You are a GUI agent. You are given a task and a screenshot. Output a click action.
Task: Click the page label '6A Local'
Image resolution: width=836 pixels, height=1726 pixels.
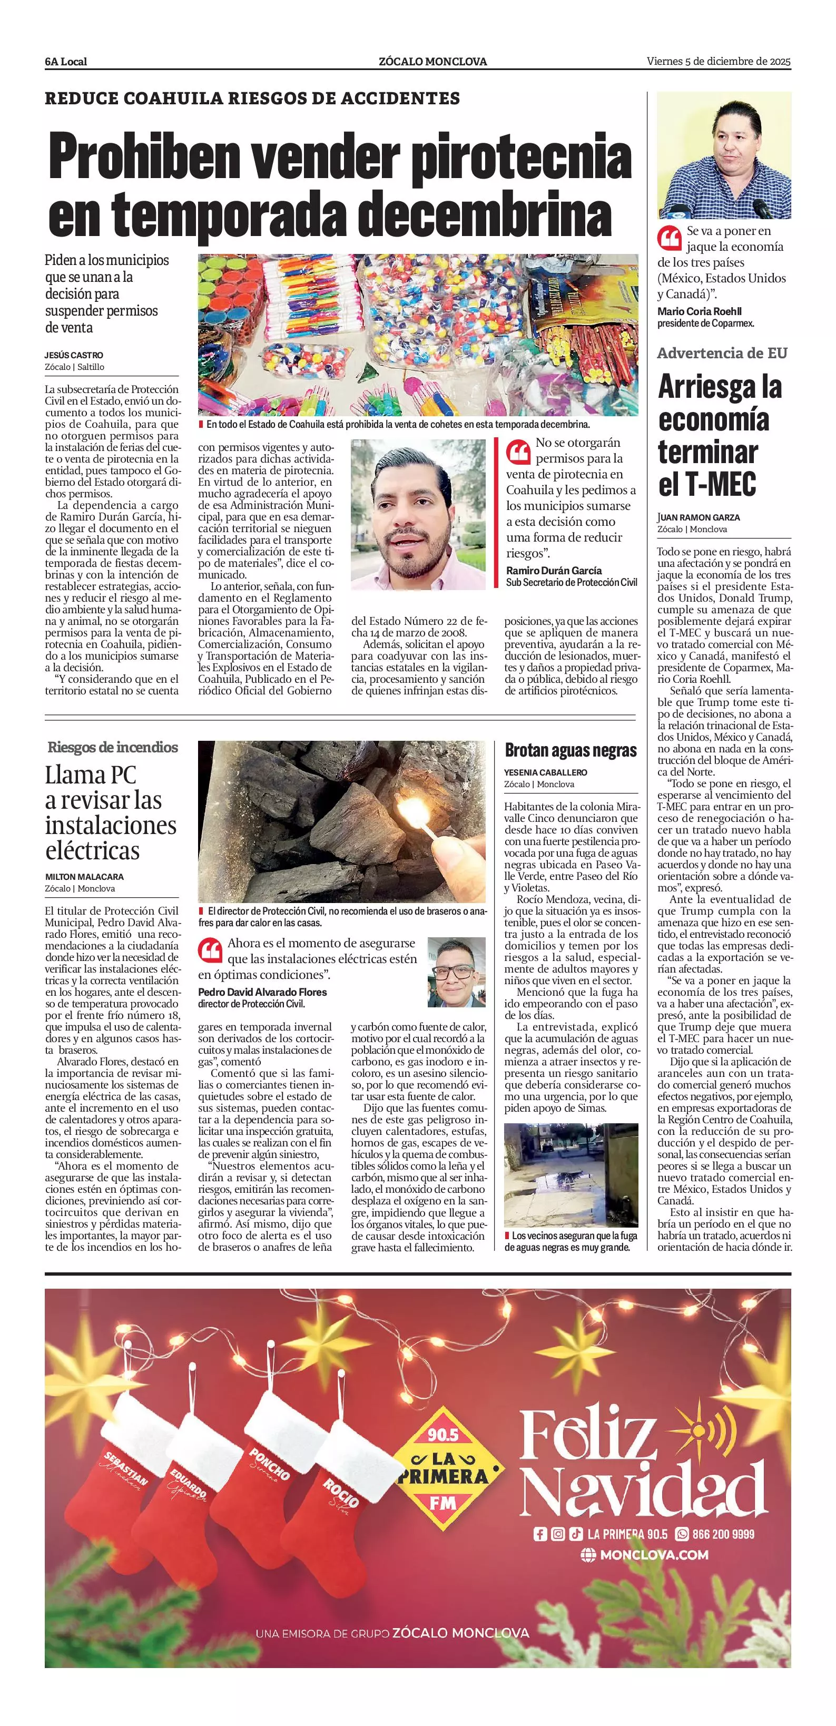[x=66, y=62]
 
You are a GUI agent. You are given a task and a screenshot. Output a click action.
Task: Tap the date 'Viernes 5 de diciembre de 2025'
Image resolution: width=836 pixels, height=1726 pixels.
[x=718, y=61]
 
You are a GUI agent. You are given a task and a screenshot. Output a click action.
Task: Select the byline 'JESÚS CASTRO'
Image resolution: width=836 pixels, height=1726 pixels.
[x=74, y=355]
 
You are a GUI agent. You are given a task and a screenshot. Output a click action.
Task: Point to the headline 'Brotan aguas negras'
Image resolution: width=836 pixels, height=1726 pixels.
[x=570, y=750]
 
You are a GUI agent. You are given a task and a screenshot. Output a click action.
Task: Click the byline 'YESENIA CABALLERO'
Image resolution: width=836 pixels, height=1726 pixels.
[x=545, y=772]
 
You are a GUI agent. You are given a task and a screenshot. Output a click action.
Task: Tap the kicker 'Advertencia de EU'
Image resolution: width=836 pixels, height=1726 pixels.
[x=722, y=353]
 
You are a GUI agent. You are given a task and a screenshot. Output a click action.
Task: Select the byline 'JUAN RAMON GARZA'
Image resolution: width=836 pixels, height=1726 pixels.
[x=699, y=517]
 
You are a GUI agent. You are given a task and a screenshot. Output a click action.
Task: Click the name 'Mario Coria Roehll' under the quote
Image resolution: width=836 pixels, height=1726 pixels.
[x=700, y=311]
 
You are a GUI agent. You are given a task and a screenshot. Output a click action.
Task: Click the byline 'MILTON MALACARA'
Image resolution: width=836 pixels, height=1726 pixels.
[x=84, y=876]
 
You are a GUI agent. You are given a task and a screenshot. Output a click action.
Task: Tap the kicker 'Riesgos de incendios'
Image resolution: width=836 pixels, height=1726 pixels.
[x=113, y=747]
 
